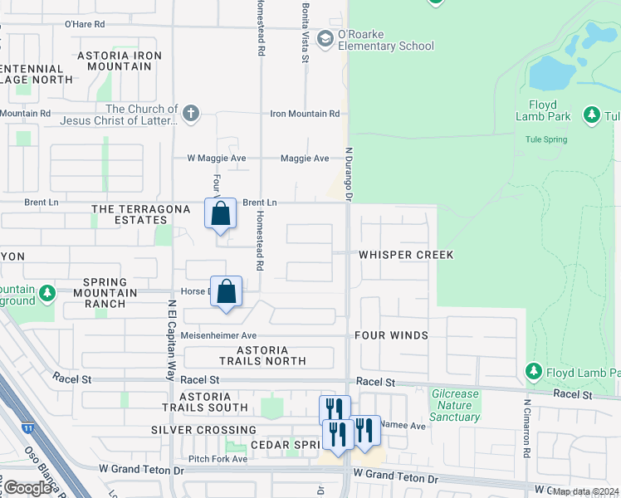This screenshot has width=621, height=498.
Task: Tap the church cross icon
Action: (x=190, y=113)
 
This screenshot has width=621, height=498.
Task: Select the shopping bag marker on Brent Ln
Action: (x=221, y=214)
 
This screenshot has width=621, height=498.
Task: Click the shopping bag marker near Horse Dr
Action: (x=227, y=292)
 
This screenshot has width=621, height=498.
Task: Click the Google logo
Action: (x=28, y=487)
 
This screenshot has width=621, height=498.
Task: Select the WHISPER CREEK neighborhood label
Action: (x=406, y=255)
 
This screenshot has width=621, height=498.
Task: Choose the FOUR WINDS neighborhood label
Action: (x=391, y=335)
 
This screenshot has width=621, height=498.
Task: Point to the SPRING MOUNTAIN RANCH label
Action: (x=110, y=298)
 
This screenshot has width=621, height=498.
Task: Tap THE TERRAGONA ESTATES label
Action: (x=130, y=214)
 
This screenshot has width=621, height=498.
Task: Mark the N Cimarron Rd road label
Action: (x=527, y=427)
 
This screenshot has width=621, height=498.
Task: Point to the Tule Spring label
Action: (x=545, y=139)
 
